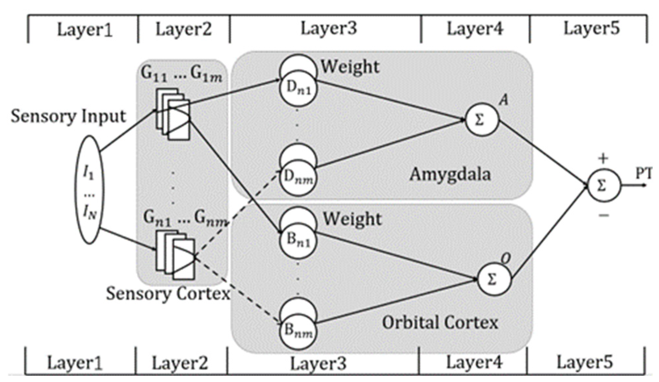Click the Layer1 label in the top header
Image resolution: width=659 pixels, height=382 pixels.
click(x=85, y=30)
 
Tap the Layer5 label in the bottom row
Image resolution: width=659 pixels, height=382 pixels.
click(x=584, y=362)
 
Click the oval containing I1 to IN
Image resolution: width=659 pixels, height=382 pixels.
click(x=89, y=190)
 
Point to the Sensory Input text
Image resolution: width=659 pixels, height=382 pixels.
click(x=68, y=116)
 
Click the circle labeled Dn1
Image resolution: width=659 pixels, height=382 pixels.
click(x=298, y=89)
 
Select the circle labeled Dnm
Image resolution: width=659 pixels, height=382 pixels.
click(x=298, y=178)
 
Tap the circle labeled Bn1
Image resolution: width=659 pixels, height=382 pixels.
click(x=298, y=240)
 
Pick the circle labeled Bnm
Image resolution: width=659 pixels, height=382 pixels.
click(x=298, y=330)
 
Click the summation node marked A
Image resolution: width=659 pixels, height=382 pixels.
click(x=482, y=120)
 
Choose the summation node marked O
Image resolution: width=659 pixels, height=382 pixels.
click(x=494, y=279)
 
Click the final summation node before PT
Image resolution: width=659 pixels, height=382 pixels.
click(x=604, y=186)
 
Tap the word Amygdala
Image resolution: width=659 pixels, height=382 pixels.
click(x=450, y=174)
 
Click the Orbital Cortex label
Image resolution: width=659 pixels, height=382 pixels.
click(x=440, y=323)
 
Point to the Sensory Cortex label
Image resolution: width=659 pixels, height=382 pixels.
click(x=168, y=293)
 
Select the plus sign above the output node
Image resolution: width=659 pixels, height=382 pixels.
click(x=603, y=159)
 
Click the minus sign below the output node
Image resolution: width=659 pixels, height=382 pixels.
click(x=604, y=216)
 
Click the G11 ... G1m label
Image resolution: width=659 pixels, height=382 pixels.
click(x=182, y=75)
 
